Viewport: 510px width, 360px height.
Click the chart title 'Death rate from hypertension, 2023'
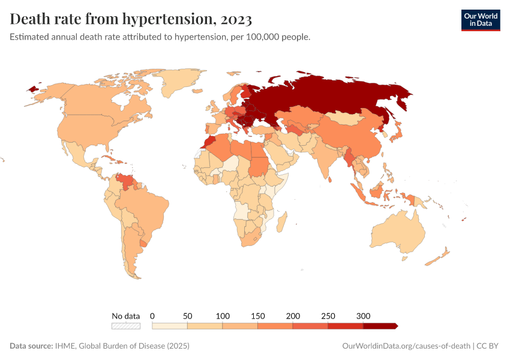click(x=131, y=19)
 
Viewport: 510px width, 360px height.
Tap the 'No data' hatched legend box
click(x=126, y=326)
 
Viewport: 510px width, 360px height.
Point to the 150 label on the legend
click(x=258, y=316)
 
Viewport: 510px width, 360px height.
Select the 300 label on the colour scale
click(x=363, y=316)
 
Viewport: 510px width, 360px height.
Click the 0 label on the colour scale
click(x=152, y=316)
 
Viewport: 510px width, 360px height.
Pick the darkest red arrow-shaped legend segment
click(x=380, y=326)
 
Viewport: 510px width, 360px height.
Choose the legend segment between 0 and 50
click(x=170, y=326)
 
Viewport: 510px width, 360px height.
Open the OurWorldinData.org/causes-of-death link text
click(x=406, y=346)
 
